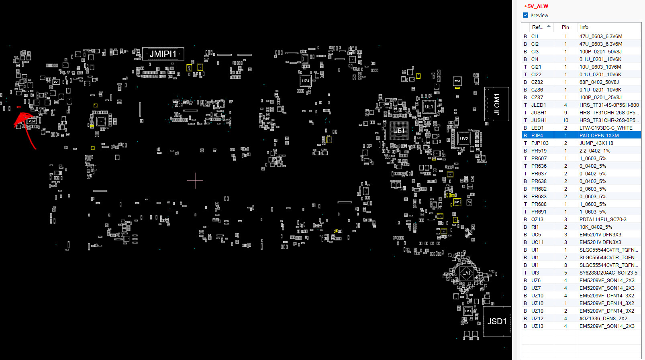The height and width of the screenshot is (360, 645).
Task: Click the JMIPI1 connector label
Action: click(x=163, y=54)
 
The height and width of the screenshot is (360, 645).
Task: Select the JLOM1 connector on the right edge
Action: click(x=497, y=104)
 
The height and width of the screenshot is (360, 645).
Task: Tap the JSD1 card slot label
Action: click(x=497, y=321)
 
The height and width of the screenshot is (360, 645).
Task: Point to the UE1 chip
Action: click(x=399, y=130)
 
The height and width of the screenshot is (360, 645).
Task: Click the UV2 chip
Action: click(x=464, y=138)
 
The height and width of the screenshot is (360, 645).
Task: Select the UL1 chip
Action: click(x=429, y=107)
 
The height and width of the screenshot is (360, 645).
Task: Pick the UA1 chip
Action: click(x=466, y=273)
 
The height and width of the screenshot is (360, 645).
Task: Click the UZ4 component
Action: click(x=306, y=81)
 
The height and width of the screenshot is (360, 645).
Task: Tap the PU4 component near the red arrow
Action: click(x=32, y=121)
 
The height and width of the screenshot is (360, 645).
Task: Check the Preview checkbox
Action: click(x=525, y=15)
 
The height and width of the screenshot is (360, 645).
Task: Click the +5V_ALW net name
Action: click(x=536, y=6)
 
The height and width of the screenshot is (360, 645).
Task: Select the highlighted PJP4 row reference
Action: click(x=537, y=136)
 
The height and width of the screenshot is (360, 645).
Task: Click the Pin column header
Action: click(x=565, y=27)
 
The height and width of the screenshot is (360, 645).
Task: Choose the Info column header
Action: click(x=584, y=27)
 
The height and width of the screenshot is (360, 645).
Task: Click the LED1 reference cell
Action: click(x=537, y=128)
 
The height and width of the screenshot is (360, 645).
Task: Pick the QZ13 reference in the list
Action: click(x=537, y=220)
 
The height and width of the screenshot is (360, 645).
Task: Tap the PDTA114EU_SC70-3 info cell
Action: click(x=602, y=220)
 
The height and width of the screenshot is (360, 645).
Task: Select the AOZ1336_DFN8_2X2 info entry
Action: click(x=603, y=319)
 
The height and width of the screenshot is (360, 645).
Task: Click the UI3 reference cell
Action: click(x=535, y=273)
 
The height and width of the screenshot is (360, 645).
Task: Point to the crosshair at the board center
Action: click(x=195, y=181)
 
